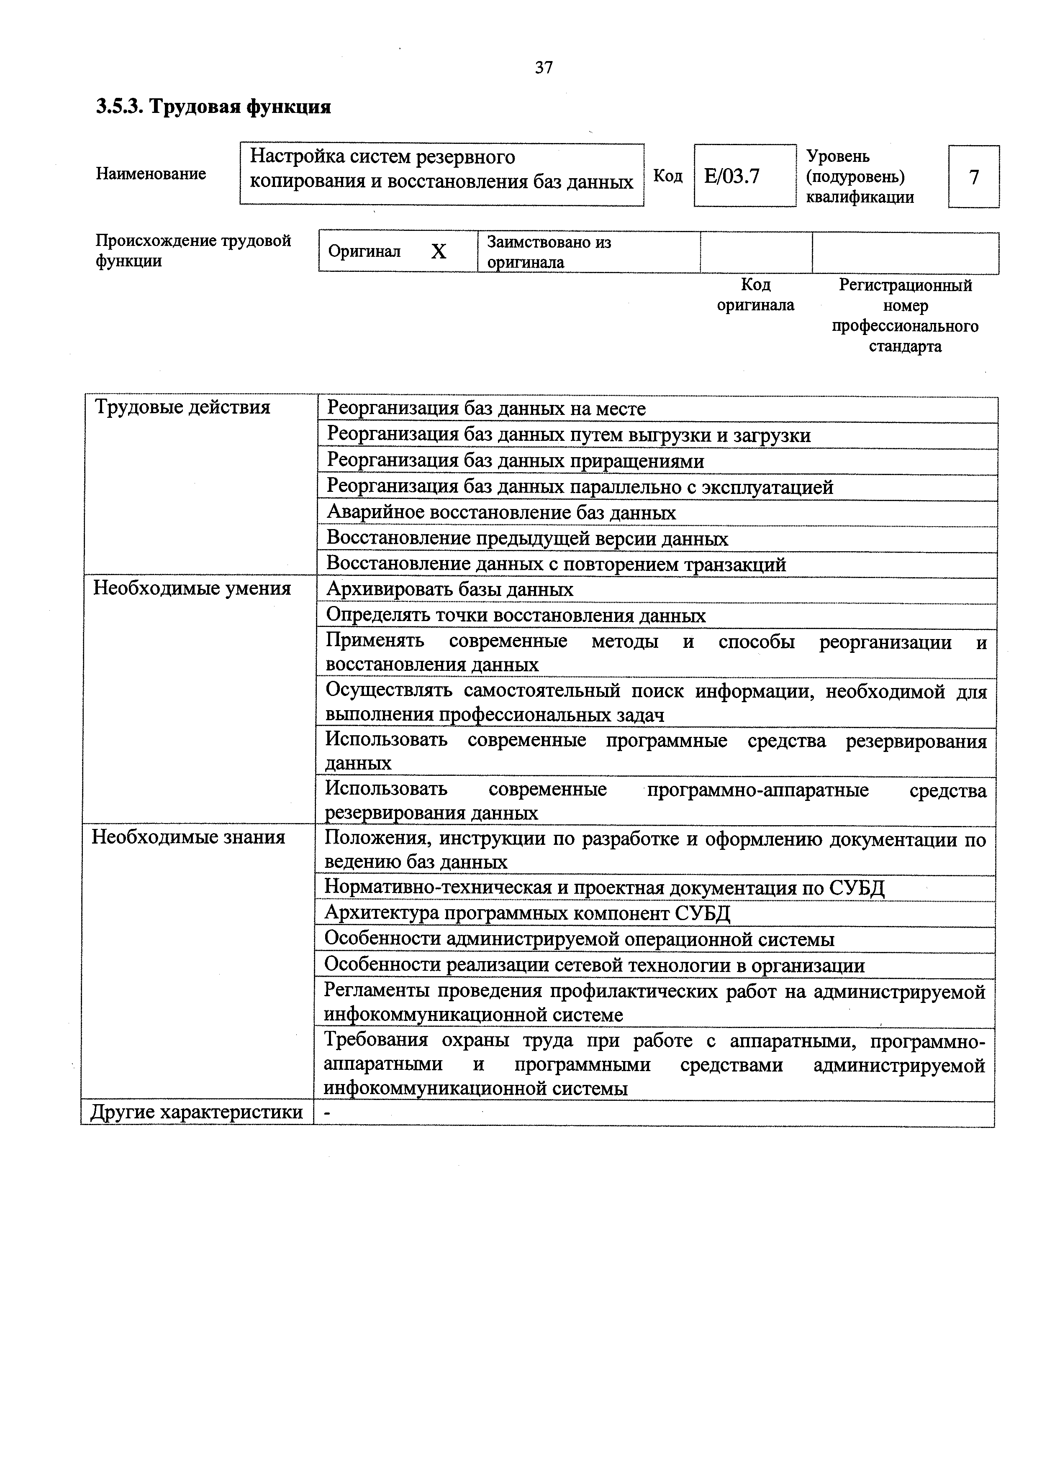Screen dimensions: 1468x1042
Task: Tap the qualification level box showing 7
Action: (x=973, y=177)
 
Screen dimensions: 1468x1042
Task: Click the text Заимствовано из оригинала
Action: (x=549, y=252)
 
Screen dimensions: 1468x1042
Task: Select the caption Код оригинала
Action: (x=755, y=294)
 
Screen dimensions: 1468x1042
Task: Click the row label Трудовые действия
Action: (x=183, y=407)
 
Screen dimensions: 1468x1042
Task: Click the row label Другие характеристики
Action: (x=196, y=1111)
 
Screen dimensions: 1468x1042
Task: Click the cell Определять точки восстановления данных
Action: (x=516, y=616)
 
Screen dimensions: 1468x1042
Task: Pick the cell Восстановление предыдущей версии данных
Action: (x=527, y=539)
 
